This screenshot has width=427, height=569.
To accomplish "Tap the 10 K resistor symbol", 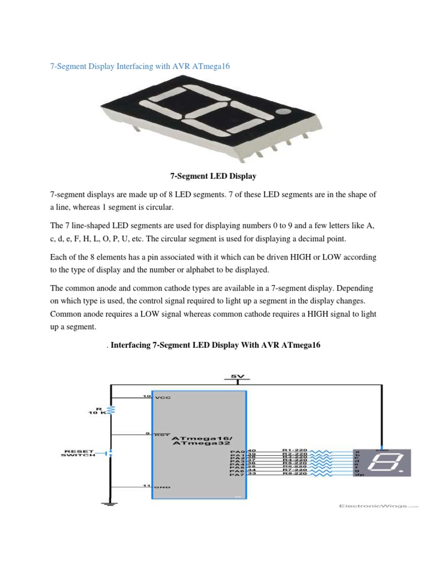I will click(x=111, y=410).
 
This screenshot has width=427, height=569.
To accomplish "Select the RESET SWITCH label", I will click(x=78, y=453).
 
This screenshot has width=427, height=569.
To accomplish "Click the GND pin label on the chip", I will click(x=163, y=487).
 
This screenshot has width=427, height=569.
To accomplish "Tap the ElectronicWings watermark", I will click(x=375, y=506).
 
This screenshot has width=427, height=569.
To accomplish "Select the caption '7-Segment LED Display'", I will click(x=213, y=176).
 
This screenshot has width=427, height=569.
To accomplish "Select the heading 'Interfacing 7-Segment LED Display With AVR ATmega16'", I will click(x=216, y=345).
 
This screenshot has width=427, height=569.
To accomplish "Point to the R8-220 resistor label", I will click(x=294, y=473).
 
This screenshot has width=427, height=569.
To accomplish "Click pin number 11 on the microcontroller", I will click(x=147, y=486).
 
